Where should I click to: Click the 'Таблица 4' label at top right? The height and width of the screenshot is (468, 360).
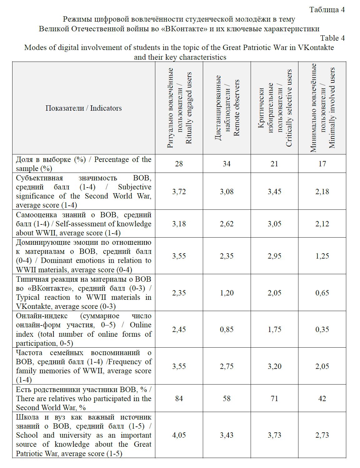(327, 10)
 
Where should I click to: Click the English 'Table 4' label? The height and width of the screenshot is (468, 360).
(332, 38)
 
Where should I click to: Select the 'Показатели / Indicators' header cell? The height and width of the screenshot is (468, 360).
(83, 108)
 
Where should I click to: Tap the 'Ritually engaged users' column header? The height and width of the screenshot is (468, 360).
(179, 108)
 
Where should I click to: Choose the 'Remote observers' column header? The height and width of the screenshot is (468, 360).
(227, 108)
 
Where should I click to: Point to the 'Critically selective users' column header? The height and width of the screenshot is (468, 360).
(275, 108)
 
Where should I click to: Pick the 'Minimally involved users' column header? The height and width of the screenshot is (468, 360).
(322, 108)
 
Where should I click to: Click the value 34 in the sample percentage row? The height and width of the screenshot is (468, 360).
(227, 164)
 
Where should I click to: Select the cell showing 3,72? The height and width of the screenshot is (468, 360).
(179, 191)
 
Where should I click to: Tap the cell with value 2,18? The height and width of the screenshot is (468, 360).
(322, 191)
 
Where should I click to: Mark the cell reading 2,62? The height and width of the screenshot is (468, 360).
(227, 224)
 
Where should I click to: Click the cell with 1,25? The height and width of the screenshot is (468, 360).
(322, 256)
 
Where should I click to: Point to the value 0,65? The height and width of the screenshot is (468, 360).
(322, 293)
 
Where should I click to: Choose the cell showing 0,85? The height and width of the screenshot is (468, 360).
(227, 329)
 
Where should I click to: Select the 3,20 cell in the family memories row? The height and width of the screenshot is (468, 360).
(274, 366)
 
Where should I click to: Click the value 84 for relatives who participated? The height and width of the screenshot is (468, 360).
(179, 398)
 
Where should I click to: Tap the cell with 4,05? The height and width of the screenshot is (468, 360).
(179, 435)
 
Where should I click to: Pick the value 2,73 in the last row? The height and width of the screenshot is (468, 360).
(322, 435)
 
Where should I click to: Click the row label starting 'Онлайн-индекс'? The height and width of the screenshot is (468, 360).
(83, 330)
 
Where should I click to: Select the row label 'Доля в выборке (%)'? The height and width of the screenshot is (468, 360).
(83, 164)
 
